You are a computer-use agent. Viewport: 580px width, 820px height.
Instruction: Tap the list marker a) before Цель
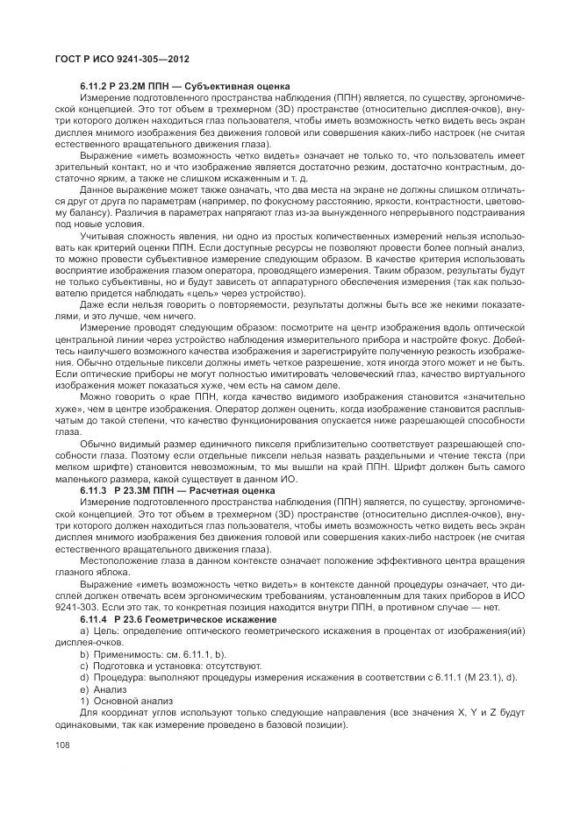click(84, 631)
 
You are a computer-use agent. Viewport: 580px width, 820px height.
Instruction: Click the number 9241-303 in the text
click(82, 609)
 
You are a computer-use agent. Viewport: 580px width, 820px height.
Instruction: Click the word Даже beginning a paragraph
click(94, 303)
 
